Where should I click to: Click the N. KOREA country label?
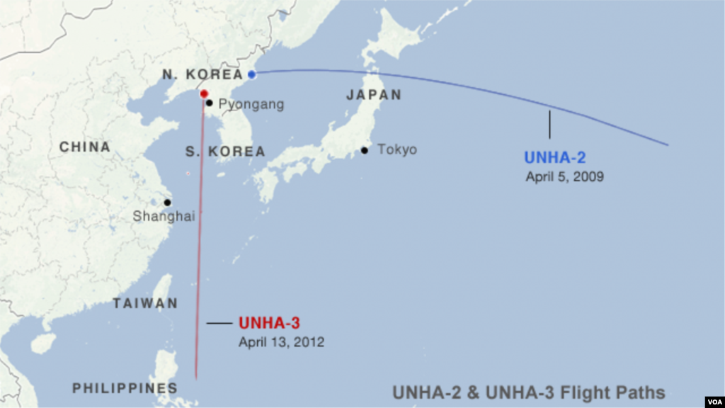pos(198,74)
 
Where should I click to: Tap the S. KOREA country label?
pos(225,152)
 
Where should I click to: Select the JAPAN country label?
pos(373,95)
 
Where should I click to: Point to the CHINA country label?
pos(85,147)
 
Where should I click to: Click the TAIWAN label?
pos(145,304)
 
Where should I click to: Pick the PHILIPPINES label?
pos(125,388)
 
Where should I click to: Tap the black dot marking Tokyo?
pos(364,150)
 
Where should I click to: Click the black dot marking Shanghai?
pos(167,203)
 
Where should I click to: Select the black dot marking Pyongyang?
pos(209,103)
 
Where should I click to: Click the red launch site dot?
pos(204,93)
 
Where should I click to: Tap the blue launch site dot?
pos(251,74)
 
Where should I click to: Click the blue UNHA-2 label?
pos(555,158)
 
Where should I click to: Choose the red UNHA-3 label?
pos(269,323)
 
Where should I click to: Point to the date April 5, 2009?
pos(564,177)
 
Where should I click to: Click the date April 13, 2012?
pos(281,341)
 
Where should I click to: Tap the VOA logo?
pos(710,397)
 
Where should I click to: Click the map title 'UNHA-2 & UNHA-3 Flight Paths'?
pos(529,392)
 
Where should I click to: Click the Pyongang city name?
pos(251,104)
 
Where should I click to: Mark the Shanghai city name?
pos(164,217)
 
